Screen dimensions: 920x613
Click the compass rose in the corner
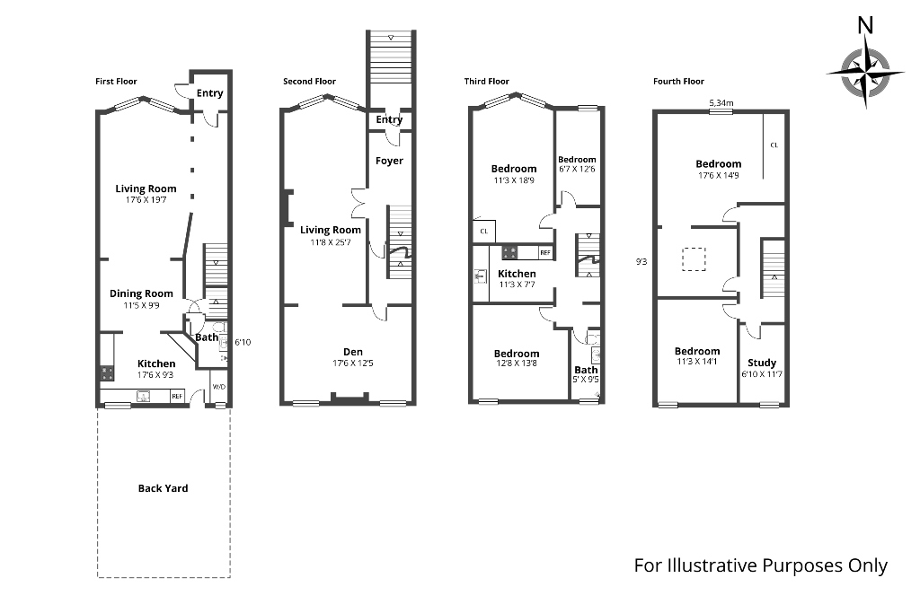click(866, 73)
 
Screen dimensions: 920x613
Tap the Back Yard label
click(164, 488)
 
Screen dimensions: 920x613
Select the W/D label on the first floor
click(218, 388)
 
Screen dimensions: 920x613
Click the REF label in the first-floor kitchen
click(177, 396)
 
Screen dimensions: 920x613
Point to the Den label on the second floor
click(352, 351)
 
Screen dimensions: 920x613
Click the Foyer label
click(389, 161)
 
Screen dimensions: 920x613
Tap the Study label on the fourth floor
click(762, 363)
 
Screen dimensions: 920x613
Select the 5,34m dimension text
click(721, 103)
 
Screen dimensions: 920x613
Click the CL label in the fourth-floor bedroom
click(774, 144)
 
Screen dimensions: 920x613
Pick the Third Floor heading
click(486, 82)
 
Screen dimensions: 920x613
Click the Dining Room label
click(141, 293)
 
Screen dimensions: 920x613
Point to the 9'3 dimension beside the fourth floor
click(641, 262)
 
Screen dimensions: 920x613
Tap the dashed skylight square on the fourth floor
click(694, 258)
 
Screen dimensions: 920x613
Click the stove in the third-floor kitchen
click(509, 252)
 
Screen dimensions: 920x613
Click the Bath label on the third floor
click(586, 370)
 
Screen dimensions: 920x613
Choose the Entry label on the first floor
click(209, 93)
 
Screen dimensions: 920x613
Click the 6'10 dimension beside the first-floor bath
click(243, 342)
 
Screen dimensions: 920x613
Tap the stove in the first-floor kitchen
click(106, 372)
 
